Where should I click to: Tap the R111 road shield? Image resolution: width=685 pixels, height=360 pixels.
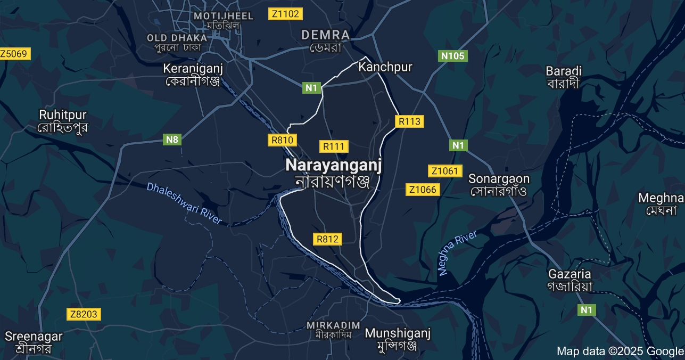tap(334, 146)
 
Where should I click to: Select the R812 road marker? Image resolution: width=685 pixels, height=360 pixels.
tap(327, 239)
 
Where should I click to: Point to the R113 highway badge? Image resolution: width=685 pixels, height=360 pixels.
tap(409, 121)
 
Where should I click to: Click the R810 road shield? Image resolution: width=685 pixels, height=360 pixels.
tap(282, 140)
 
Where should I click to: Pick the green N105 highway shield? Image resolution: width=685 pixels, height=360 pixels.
tap(453, 56)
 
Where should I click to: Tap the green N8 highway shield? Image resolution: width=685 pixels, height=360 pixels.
tap(172, 140)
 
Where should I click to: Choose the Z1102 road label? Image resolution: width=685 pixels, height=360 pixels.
tap(285, 14)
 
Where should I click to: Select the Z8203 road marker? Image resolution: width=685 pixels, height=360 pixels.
tap(84, 314)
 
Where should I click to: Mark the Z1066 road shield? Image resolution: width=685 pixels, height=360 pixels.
tap(423, 190)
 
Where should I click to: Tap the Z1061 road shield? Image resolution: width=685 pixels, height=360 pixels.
tap(444, 171)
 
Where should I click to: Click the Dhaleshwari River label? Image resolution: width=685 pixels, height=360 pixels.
tap(184, 203)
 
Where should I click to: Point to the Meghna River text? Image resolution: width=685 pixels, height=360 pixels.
tap(458, 253)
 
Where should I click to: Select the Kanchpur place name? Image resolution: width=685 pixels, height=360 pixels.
tap(385, 67)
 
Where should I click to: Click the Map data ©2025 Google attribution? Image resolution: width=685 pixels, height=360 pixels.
tap(620, 351)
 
